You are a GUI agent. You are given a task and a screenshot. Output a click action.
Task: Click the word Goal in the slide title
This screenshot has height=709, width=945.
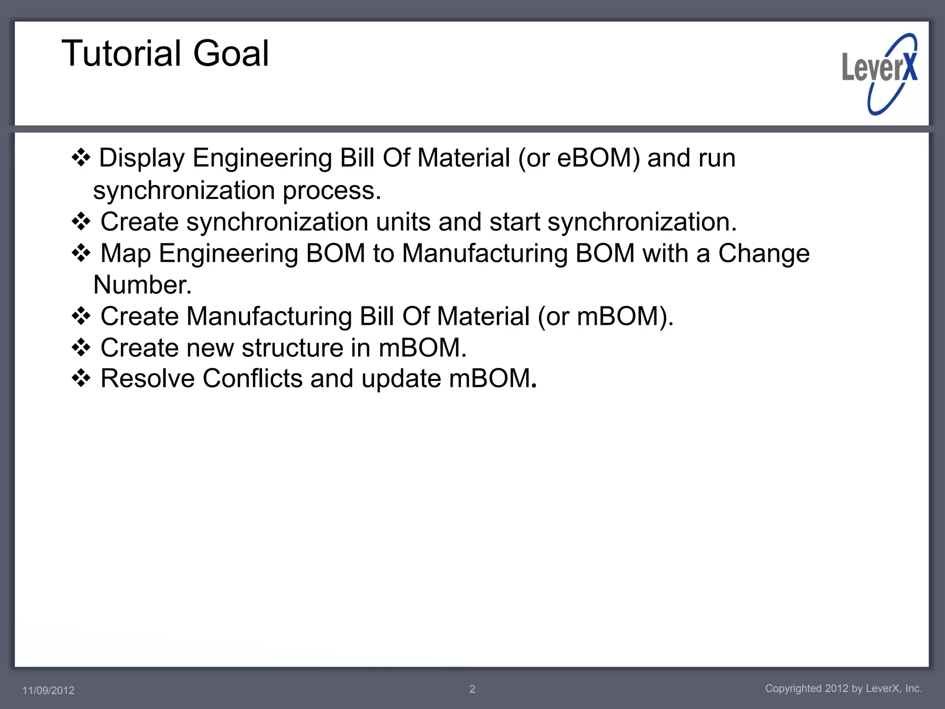coord(231,54)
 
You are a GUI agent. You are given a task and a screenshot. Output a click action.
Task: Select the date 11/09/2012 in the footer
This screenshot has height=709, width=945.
coord(48,690)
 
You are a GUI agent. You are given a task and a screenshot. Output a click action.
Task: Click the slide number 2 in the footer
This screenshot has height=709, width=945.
coord(472,689)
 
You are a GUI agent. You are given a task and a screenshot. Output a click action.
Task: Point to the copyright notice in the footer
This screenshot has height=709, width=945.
coord(843,688)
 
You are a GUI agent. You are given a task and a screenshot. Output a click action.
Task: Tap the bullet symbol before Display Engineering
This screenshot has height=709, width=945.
coord(81,158)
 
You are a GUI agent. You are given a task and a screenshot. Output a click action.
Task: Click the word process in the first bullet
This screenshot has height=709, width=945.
coord(332,191)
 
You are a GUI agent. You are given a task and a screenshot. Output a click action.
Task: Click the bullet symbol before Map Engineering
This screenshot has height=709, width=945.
coord(81,253)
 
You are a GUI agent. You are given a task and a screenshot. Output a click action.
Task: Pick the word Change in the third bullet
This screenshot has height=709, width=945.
coord(764,253)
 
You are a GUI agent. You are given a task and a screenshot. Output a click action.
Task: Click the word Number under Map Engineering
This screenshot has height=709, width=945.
coord(142,285)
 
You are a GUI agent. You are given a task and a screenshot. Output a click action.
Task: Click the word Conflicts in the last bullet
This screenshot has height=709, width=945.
coord(252,379)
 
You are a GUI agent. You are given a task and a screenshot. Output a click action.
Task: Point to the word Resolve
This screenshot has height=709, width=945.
coord(148,379)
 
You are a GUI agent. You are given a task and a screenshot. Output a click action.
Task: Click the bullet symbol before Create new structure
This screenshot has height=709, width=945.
coord(81,348)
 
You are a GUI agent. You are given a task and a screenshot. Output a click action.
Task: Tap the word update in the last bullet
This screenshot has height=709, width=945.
coord(401,379)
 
